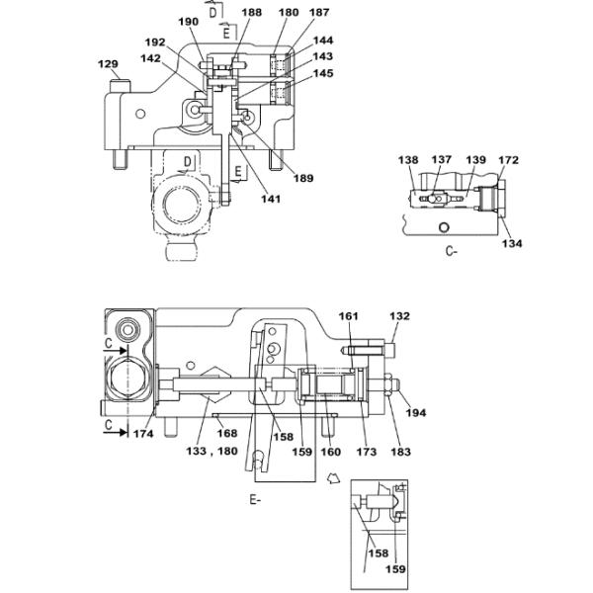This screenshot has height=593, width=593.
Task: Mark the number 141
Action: pos(243,199)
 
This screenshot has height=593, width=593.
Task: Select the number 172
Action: pos(508,159)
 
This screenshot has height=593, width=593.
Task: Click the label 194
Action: pos(416,412)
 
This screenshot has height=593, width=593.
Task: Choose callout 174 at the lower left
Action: pos(145,434)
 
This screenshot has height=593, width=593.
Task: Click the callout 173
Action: pos(367,452)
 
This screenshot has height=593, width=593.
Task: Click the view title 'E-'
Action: pos(255,500)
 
